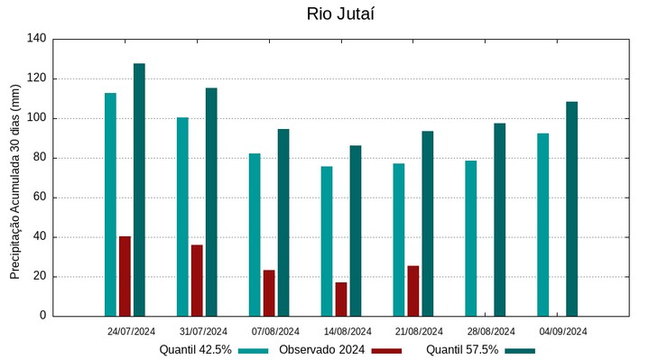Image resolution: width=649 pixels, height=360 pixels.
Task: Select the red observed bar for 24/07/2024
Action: pyautogui.click(x=125, y=276)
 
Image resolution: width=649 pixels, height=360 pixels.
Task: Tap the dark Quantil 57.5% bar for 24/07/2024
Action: pyautogui.click(x=139, y=189)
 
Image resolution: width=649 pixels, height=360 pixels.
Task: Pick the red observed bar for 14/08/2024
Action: pyautogui.click(x=341, y=300)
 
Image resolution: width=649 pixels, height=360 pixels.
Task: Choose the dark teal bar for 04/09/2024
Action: pyautogui.click(x=572, y=208)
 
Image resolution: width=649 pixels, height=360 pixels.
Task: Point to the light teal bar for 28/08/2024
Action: pyautogui.click(x=471, y=238)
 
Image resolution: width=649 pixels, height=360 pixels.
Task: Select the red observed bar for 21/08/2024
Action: pyautogui.click(x=413, y=291)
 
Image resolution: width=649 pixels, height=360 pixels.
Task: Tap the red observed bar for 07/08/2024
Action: pyautogui.click(x=269, y=293)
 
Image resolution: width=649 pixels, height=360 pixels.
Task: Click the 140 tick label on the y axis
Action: pyautogui.click(x=36, y=39)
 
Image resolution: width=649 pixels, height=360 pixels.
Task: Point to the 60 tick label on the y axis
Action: pyautogui.click(x=40, y=198)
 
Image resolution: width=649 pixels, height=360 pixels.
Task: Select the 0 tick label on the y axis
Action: pyautogui.click(x=42, y=316)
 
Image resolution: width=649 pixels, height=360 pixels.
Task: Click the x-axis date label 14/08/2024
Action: pyautogui.click(x=348, y=331)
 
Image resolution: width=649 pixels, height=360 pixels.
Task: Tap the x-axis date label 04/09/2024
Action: pyautogui.click(x=563, y=331)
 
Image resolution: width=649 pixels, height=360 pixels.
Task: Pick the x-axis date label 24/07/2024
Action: pyautogui.click(x=131, y=331)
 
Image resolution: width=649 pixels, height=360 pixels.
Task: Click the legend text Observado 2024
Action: pyautogui.click(x=322, y=350)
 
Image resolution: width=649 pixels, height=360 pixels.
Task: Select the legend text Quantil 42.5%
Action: pyautogui.click(x=196, y=350)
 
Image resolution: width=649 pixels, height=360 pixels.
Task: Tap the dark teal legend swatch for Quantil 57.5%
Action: pyautogui.click(x=520, y=350)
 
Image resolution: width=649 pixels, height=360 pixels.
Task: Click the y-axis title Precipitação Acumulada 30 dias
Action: pyautogui.click(x=15, y=180)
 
